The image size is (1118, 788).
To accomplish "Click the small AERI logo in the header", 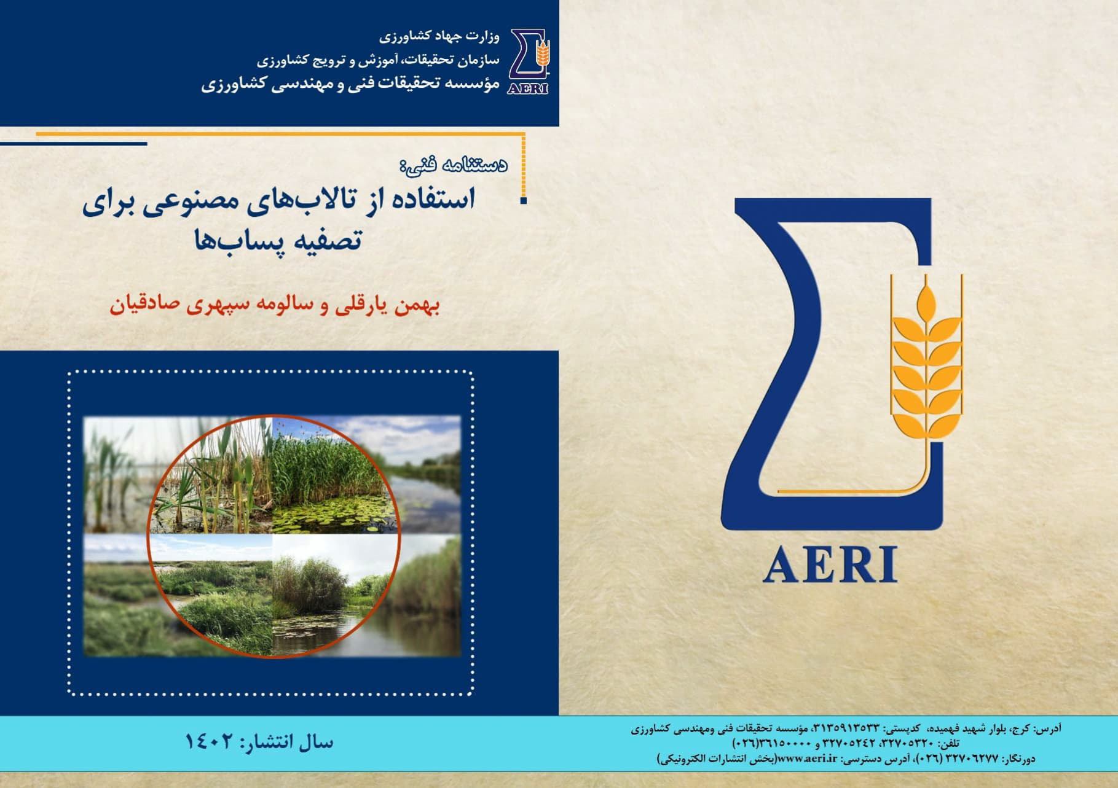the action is pos(529,61).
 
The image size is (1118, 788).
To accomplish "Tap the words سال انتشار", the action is pos(289,742).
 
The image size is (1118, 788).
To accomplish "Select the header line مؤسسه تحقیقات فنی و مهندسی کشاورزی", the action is pos(350,85).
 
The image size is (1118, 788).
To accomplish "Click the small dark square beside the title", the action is pos(523,200).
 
